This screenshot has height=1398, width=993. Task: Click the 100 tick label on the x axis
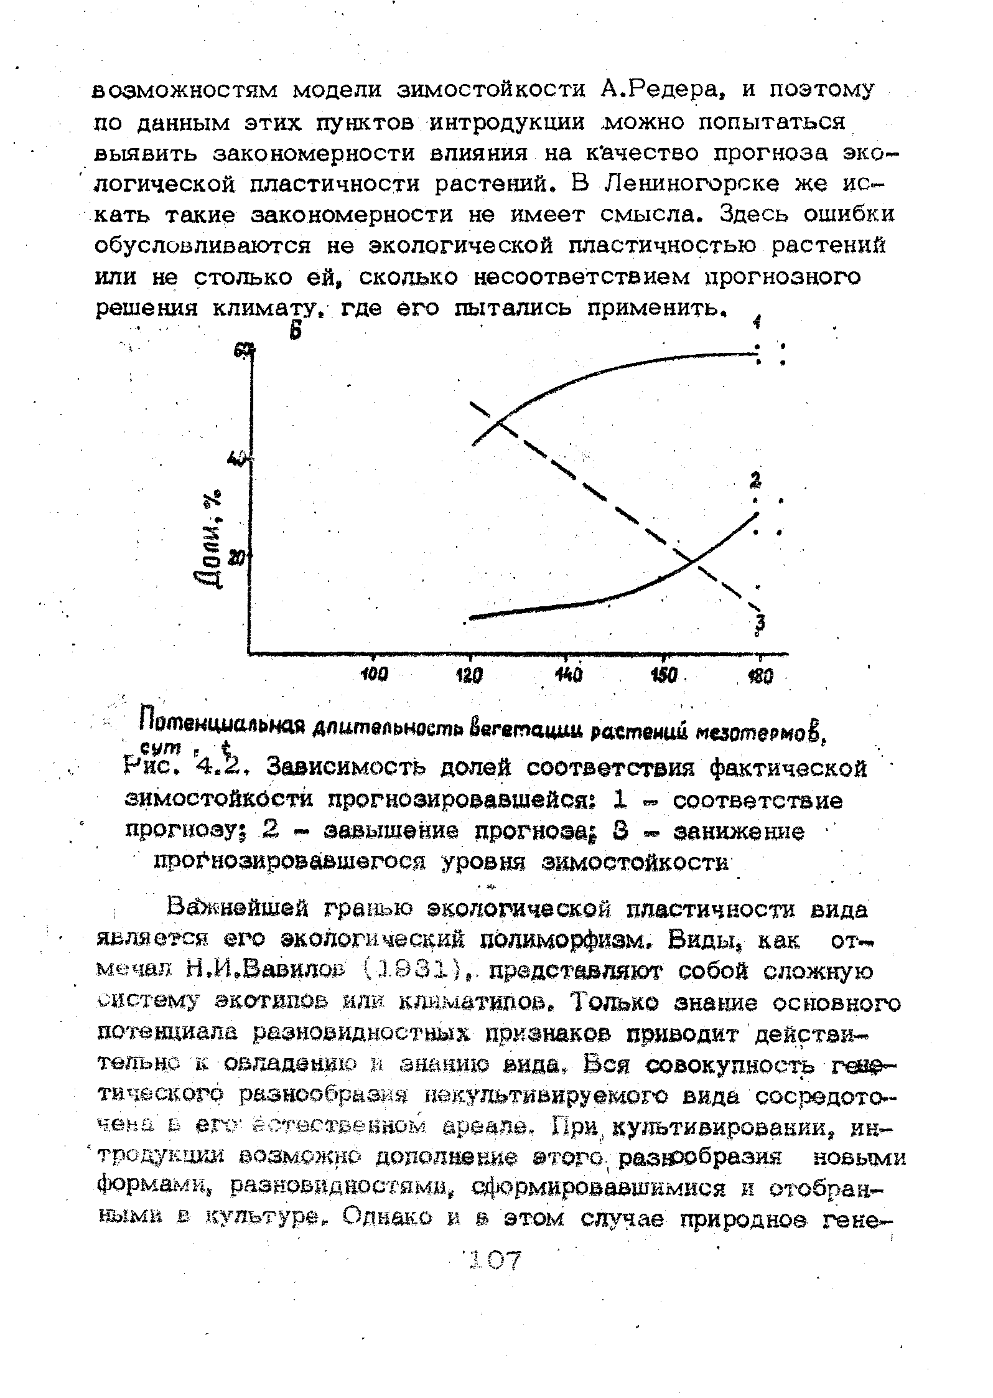coord(374,675)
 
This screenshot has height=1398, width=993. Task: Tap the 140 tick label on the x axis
coord(569,675)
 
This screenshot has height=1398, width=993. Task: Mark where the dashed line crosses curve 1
coord(499,425)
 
